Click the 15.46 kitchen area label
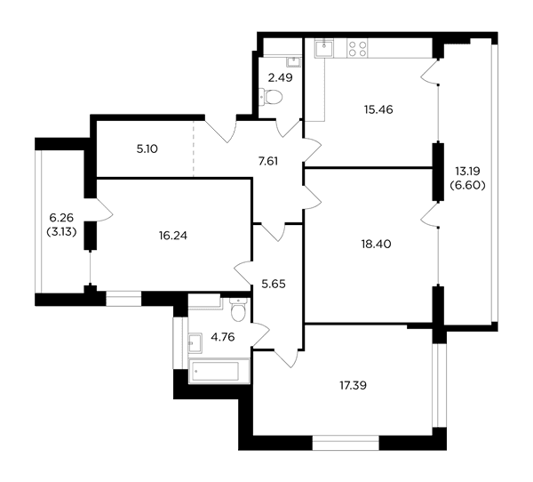click(378, 109)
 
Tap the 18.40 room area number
click(377, 244)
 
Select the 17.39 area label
click(354, 386)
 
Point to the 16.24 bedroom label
click(173, 235)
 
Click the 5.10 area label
click(147, 149)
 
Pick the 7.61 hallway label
click(268, 161)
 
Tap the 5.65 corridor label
click(274, 284)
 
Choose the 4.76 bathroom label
click(223, 337)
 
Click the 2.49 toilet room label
click(280, 78)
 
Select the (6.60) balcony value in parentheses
click(467, 186)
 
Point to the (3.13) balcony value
click(61, 232)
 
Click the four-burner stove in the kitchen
click(358, 48)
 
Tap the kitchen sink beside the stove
click(324, 48)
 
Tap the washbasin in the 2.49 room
click(293, 61)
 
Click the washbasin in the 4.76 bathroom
click(195, 342)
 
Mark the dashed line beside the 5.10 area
click(194, 149)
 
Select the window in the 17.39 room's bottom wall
click(346, 443)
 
